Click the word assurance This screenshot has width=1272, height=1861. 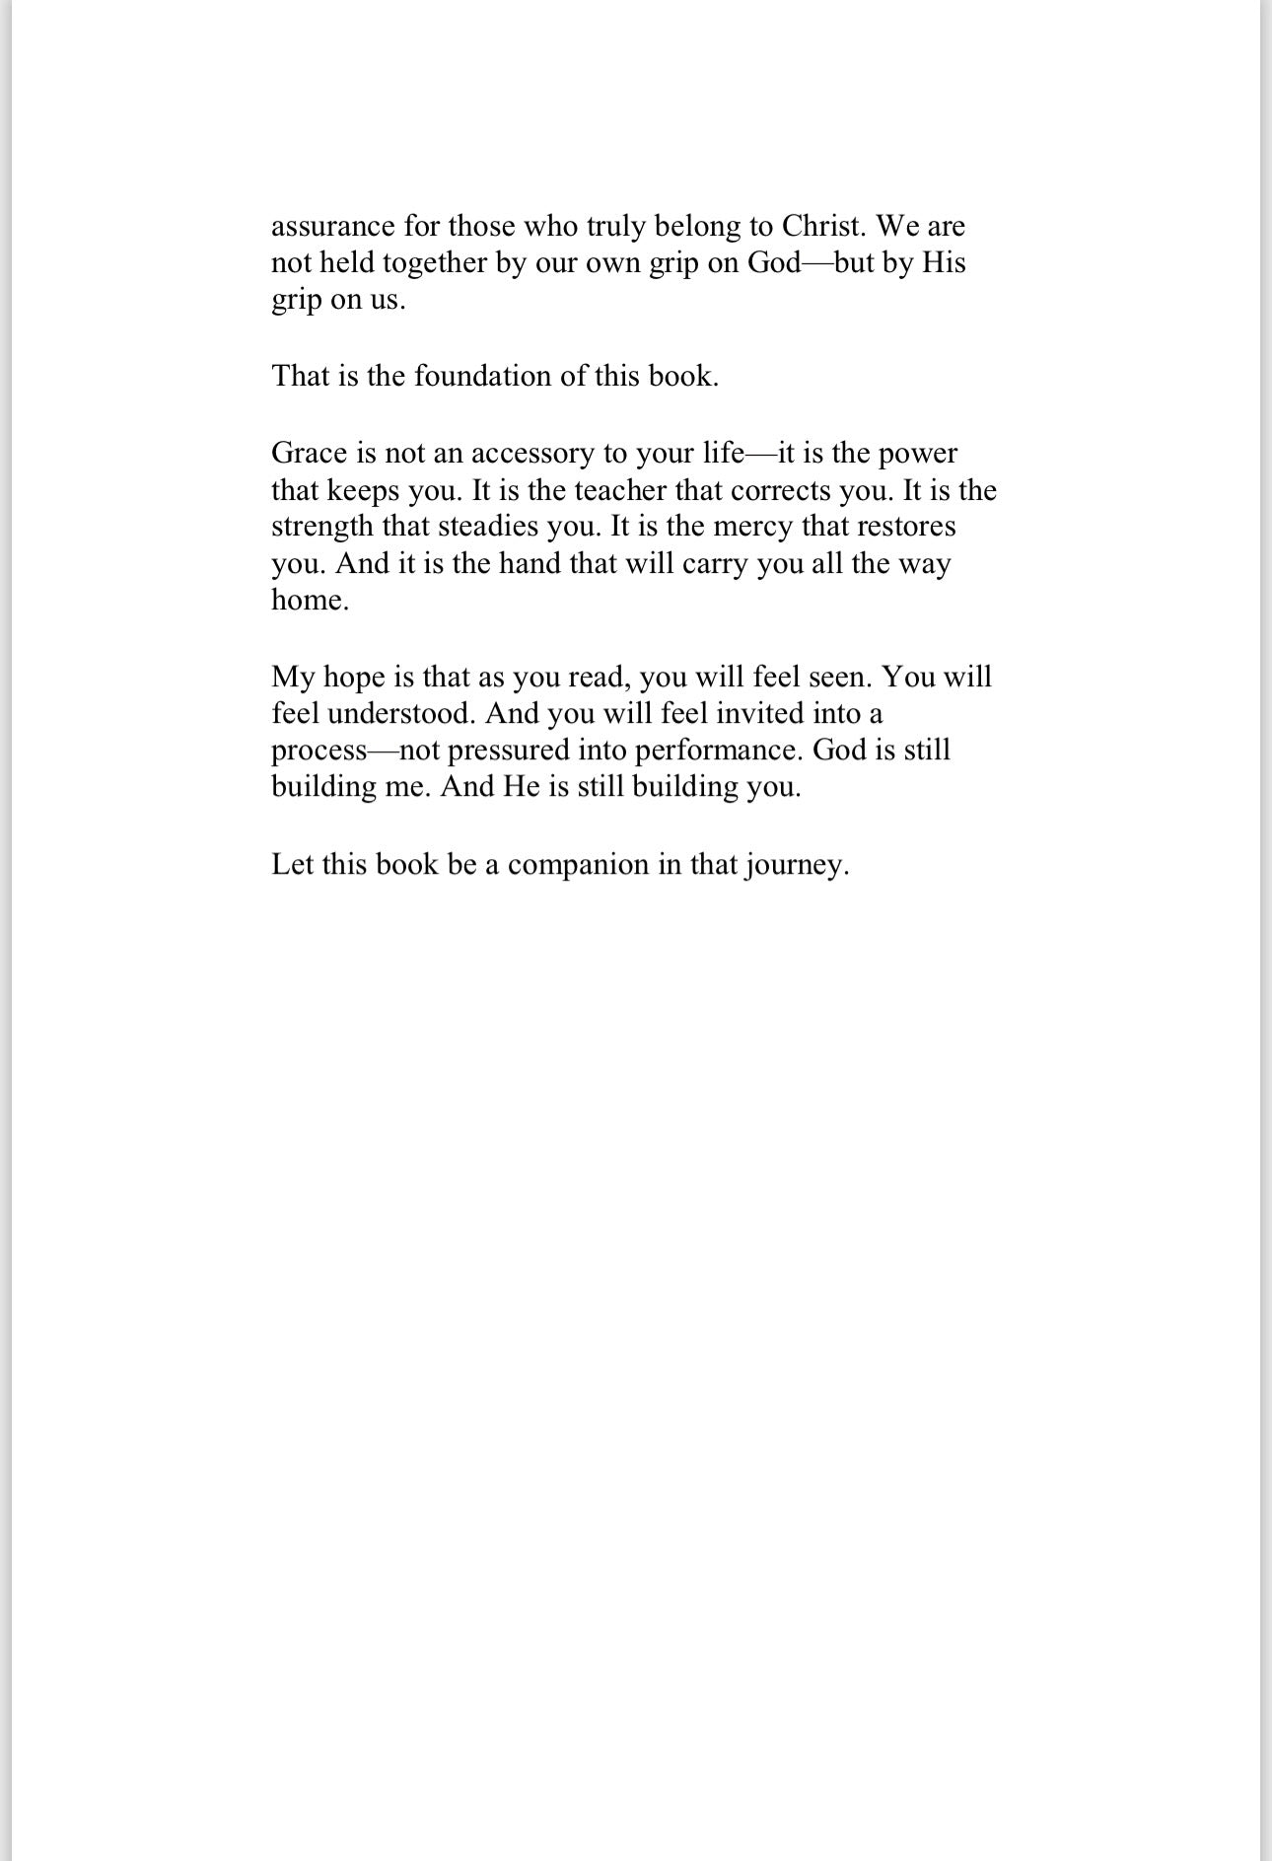pos(332,227)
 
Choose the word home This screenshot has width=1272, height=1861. pos(310,600)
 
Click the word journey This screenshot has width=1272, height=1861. pos(797,866)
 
